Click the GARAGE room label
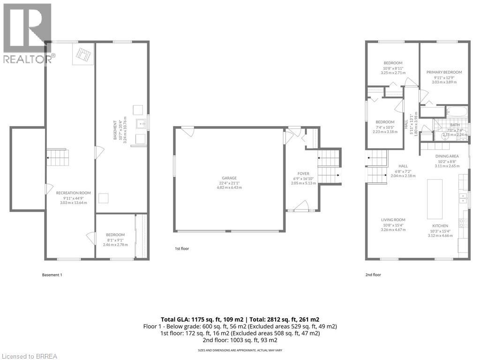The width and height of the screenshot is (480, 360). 229,178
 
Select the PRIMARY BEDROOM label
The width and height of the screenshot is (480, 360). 444,72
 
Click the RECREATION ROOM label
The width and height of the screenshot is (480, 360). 74,193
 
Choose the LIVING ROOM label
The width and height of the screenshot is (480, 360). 393,220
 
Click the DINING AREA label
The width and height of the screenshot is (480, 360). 446,156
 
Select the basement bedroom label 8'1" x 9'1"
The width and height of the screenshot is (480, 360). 115,235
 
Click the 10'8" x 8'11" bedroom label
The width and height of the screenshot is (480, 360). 393,63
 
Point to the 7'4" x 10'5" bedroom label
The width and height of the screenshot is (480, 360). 385,122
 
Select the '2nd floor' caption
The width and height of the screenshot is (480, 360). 374,275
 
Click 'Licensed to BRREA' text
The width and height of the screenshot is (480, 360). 29,356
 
